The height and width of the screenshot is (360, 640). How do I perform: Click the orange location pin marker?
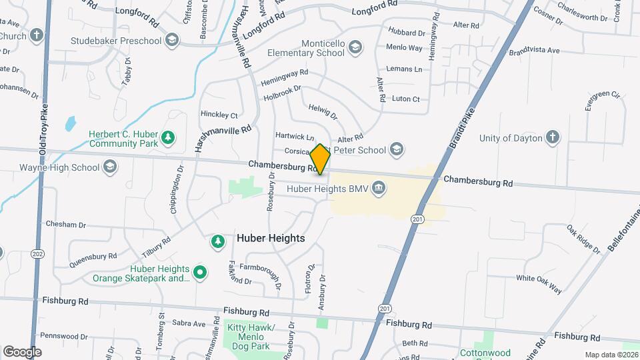click(320, 158)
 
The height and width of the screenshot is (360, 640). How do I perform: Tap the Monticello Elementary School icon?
click(355, 46)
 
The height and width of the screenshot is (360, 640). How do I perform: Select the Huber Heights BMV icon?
click(378, 188)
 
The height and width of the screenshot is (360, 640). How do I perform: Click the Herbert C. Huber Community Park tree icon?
click(169, 137)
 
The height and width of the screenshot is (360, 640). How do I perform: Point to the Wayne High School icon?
click(110, 167)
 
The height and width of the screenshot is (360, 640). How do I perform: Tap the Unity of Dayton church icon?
click(552, 138)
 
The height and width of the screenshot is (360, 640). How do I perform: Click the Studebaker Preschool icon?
click(173, 41)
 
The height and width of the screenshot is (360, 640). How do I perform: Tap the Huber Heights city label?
click(271, 238)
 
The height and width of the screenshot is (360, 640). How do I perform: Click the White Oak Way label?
click(539, 283)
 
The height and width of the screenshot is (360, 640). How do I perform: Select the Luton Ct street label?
click(406, 99)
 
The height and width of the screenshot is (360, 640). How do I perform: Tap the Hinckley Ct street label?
click(219, 115)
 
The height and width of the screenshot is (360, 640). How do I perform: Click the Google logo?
click(22, 351)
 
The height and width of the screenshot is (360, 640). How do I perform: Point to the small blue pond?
click(70, 123)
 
